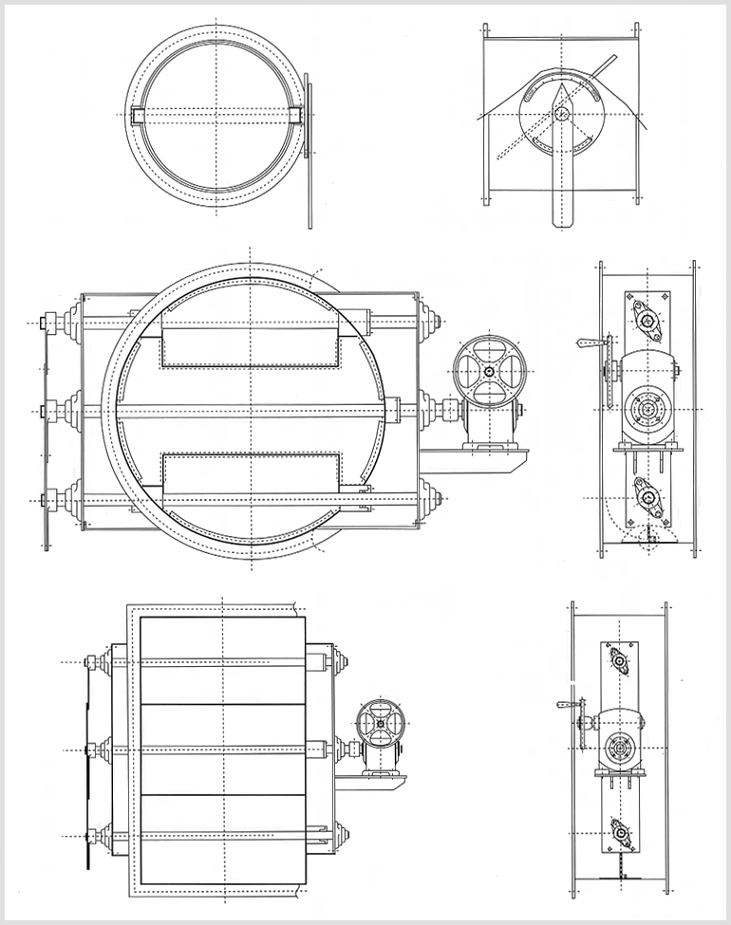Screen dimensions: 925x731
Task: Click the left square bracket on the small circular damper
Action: point(138,116)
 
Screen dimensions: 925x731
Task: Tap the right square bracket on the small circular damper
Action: point(295,116)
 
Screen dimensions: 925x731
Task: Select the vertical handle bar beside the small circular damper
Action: point(309,152)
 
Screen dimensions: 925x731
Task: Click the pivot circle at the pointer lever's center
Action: point(561,114)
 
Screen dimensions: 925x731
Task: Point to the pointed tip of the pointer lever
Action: point(561,85)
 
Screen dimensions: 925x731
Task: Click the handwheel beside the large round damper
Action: point(487,371)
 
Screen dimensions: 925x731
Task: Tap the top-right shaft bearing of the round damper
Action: point(429,322)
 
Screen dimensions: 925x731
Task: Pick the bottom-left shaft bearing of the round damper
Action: point(71,499)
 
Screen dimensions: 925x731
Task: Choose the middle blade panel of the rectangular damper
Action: point(223,749)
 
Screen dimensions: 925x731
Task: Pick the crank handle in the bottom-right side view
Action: point(571,704)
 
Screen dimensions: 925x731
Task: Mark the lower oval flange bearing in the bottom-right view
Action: point(621,833)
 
